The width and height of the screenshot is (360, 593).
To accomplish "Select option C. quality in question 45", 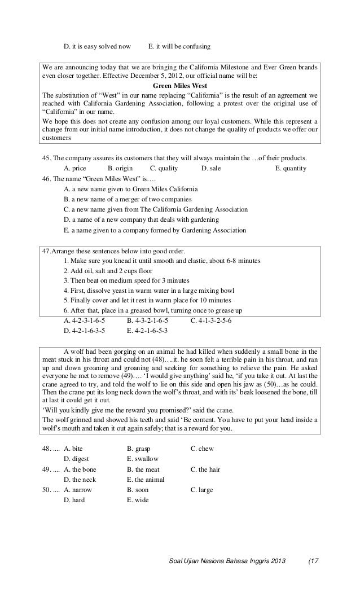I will point(164,168).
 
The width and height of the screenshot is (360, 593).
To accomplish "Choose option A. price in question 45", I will point(78,168).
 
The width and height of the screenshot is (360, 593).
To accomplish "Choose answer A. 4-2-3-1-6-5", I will point(85,320).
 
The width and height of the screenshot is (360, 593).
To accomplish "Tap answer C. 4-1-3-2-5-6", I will point(211,320).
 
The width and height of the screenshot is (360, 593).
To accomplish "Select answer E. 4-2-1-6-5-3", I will point(148,331).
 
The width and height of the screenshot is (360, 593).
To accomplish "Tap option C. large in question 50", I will point(201,490).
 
